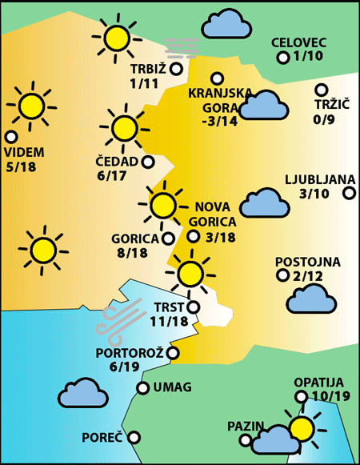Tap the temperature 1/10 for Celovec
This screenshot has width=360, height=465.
pyautogui.click(x=310, y=57)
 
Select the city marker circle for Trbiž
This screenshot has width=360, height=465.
pyautogui.click(x=176, y=69)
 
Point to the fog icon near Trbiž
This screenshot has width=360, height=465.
pyautogui.click(x=181, y=48)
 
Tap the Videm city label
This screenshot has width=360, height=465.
pyautogui.click(x=25, y=152)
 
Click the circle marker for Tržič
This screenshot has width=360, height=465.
pyautogui.click(x=322, y=90)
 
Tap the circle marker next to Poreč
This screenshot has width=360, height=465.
pyautogui.click(x=134, y=437)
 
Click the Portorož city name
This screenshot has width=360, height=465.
pyautogui.click(x=130, y=352)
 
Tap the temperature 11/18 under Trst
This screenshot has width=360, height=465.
pyautogui.click(x=169, y=322)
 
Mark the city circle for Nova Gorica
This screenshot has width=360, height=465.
pyautogui.click(x=193, y=236)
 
